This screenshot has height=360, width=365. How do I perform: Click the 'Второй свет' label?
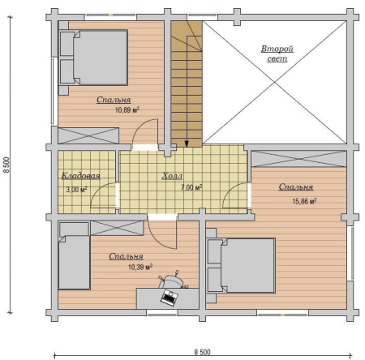click(x=277, y=54)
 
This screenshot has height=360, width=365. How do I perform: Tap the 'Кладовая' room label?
click(x=81, y=176)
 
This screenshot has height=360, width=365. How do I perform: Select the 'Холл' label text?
click(x=172, y=176)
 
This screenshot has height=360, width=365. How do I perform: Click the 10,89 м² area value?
click(x=127, y=110)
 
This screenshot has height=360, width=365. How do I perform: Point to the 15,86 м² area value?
click(x=304, y=201)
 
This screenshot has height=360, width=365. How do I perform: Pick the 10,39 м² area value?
click(x=140, y=267)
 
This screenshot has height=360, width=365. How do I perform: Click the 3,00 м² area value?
click(x=76, y=190)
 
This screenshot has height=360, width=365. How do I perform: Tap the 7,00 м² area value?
click(x=191, y=187)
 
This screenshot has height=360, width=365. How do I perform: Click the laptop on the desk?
click(x=170, y=298)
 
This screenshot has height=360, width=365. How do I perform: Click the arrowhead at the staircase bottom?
click(x=187, y=144)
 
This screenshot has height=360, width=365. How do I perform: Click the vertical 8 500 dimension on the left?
click(x=11, y=165)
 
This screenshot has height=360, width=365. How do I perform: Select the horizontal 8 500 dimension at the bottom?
click(x=203, y=355)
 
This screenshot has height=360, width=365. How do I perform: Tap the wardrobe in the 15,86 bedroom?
click(x=298, y=159)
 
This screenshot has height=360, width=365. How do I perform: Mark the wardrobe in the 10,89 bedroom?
click(x=88, y=135)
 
